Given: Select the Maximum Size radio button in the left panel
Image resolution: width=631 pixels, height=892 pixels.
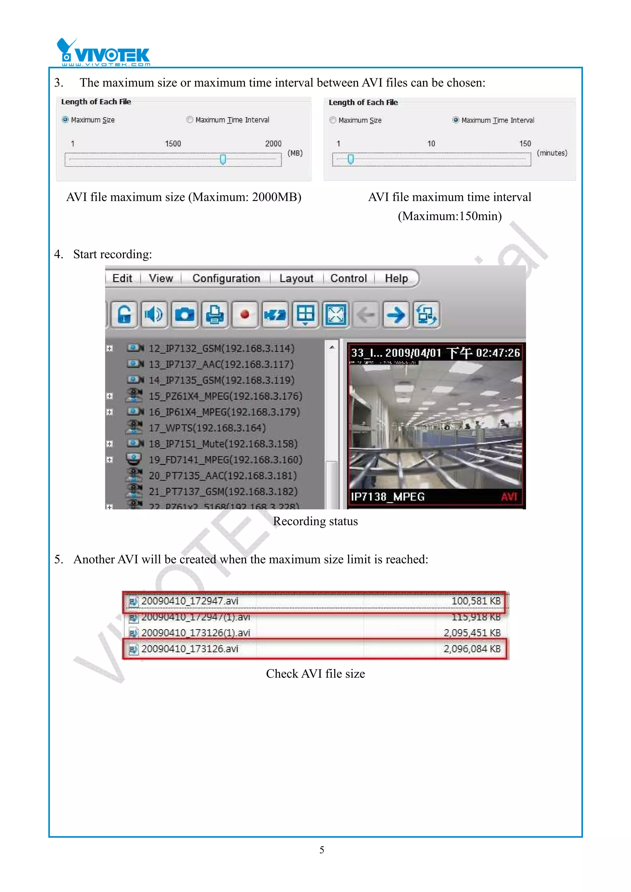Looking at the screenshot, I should pyautogui.click(x=65, y=120).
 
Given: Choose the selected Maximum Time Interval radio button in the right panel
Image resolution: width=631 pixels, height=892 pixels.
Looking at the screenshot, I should pyautogui.click(x=456, y=120).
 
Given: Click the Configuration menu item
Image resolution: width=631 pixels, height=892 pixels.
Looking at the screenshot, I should pyautogui.click(x=226, y=278).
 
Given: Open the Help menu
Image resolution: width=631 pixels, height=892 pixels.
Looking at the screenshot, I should pyautogui.click(x=396, y=278).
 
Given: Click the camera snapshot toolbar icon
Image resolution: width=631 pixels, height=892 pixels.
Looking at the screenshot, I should pyautogui.click(x=184, y=314).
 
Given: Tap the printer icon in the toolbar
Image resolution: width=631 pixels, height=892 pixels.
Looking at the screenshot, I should pyautogui.click(x=215, y=314).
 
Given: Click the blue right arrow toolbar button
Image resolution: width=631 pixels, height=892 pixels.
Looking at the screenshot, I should pyautogui.click(x=396, y=314).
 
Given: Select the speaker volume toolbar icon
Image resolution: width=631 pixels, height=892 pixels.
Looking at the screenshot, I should pyautogui.click(x=154, y=314).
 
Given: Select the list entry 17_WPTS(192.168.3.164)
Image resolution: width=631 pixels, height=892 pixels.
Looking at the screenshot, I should pyautogui.click(x=207, y=428).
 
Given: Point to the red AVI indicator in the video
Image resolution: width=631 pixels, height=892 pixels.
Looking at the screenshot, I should pyautogui.click(x=509, y=496).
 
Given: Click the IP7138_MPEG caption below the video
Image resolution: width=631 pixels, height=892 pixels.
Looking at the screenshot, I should pyautogui.click(x=388, y=496).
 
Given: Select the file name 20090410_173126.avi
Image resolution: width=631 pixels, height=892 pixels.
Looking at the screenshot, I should pyautogui.click(x=189, y=649).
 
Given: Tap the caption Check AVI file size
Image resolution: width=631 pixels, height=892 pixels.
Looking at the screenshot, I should pyautogui.click(x=315, y=674).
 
